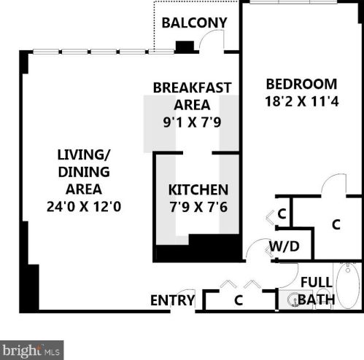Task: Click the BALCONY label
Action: [194, 23]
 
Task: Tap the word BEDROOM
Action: [301, 83]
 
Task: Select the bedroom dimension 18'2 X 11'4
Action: [301, 102]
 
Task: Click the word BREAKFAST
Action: [192, 87]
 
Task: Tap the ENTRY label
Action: [172, 300]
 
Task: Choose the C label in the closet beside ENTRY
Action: [239, 300]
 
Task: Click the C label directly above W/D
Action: [282, 214]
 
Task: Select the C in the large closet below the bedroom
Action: [336, 224]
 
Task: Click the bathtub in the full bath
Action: [348, 286]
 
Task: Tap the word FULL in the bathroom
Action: [317, 281]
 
